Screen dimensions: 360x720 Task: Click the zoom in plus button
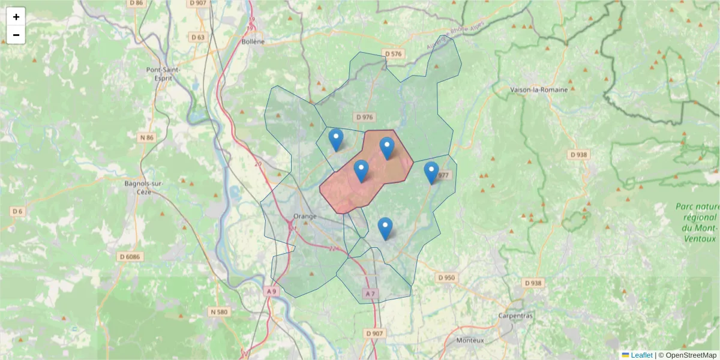(x=16, y=17)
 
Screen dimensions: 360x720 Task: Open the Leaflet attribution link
(x=641, y=355)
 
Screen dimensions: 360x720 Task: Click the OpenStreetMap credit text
(x=687, y=355)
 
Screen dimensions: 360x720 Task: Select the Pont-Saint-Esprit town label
(x=163, y=74)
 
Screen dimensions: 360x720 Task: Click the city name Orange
(x=305, y=216)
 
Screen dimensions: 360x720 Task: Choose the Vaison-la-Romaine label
(x=538, y=90)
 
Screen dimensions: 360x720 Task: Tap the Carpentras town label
(x=516, y=316)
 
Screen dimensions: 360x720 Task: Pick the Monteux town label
(x=470, y=340)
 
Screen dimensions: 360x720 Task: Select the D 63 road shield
(x=198, y=38)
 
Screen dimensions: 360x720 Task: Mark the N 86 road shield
(x=147, y=138)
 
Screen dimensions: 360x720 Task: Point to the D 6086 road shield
(x=129, y=257)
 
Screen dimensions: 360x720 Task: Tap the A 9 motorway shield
(x=272, y=292)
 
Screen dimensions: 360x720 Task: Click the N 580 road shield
(x=219, y=312)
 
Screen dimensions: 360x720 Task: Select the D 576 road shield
(x=394, y=54)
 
